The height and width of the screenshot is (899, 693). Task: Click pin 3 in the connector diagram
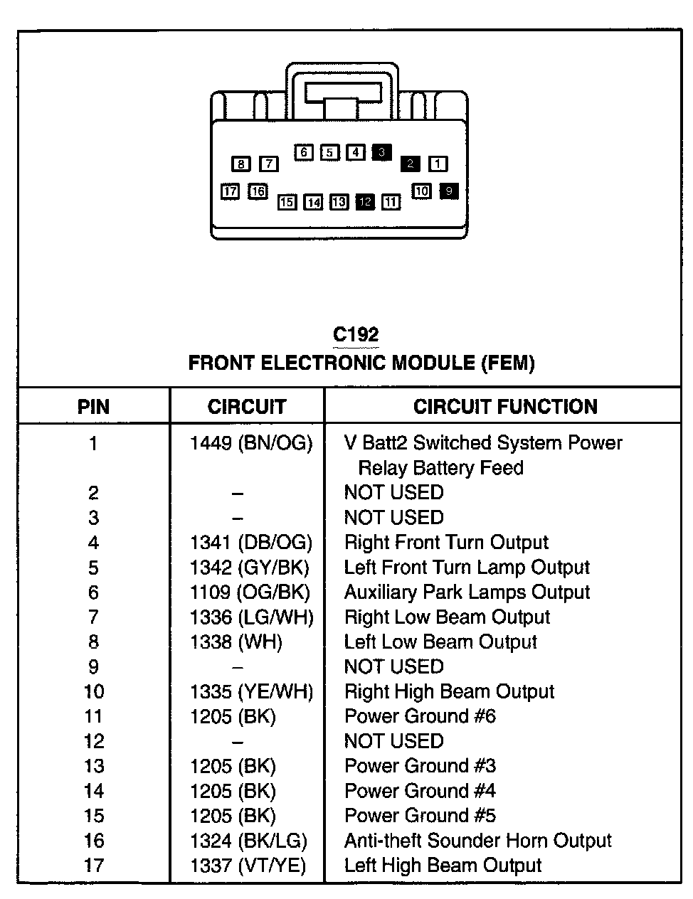point(381,152)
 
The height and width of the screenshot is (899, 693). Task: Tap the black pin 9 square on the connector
point(448,191)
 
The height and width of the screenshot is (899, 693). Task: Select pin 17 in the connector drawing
point(230,191)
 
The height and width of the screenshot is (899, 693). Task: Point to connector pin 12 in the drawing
point(365,202)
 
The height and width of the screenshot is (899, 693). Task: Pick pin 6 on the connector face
point(304,152)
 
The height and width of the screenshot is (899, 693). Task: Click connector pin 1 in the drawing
point(438,164)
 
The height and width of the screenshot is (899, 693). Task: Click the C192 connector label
point(356,334)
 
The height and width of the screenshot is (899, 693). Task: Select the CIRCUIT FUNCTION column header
point(505,407)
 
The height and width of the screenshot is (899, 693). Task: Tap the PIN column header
point(93,407)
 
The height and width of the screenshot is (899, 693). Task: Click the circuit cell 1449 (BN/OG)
point(251,444)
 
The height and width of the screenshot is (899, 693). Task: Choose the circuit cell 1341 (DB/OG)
point(251,543)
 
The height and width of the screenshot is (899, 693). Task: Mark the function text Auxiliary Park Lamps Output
point(467,592)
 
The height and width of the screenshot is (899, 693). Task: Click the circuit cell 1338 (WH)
point(236,642)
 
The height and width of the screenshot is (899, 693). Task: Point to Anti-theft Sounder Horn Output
point(477,841)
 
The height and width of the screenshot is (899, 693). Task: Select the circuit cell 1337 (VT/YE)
point(248,866)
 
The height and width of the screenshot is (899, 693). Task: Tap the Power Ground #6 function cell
point(420,716)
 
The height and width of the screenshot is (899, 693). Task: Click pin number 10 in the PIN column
point(93,692)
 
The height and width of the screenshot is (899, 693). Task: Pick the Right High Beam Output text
point(449,692)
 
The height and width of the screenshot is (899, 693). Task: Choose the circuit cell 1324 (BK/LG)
point(248,841)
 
